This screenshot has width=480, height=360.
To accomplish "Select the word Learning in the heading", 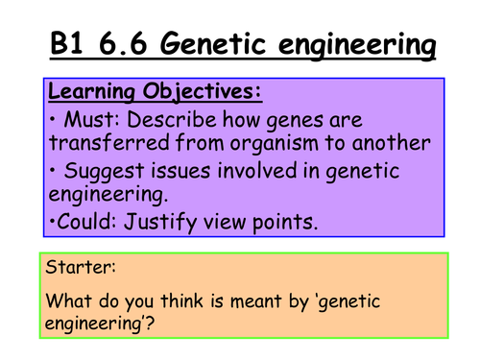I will pyautogui.click(x=91, y=94).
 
